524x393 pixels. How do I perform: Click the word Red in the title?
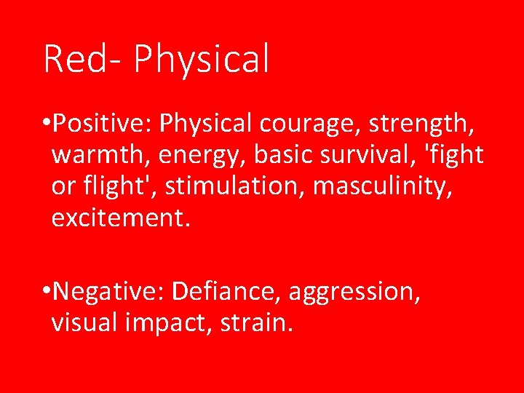pyautogui.click(x=74, y=60)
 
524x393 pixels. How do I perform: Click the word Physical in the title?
pyautogui.click(x=202, y=60)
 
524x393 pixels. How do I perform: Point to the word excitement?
pyautogui.click(x=121, y=218)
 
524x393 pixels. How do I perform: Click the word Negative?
pyautogui.click(x=108, y=292)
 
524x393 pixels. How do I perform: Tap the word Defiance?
pyautogui.click(x=227, y=292)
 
